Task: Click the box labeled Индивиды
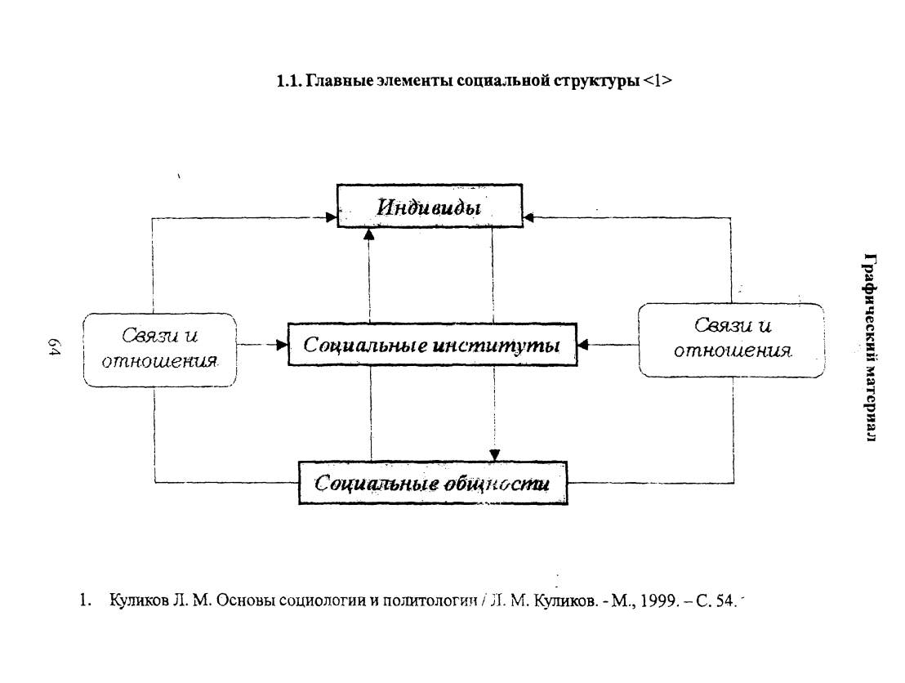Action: pos(430,206)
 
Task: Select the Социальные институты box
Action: pos(432,345)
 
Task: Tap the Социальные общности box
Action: pos(433,483)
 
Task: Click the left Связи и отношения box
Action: pos(160,350)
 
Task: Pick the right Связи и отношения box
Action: pos(731,340)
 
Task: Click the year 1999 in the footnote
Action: pos(658,601)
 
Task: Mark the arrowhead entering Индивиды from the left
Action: pos(332,217)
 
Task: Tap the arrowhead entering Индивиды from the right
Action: pos(528,217)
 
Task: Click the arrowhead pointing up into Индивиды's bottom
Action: pos(369,234)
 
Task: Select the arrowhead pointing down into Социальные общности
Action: pos(494,455)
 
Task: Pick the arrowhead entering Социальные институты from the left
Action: pos(282,346)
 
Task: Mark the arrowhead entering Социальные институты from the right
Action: pos(583,346)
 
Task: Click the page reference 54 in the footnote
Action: pos(725,601)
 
